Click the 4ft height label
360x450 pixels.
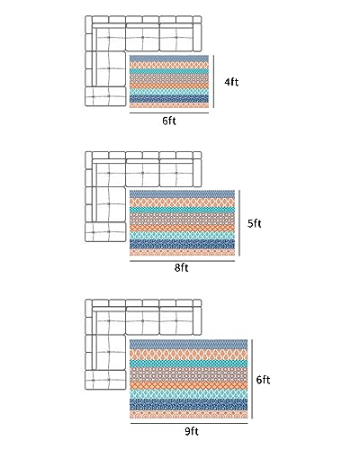(231, 82)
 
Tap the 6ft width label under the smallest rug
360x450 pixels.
(169, 121)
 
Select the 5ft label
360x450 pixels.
(255, 223)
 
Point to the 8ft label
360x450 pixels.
(182, 267)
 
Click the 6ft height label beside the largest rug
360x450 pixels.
(263, 380)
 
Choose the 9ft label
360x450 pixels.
(192, 431)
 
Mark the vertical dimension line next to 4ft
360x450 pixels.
(213, 81)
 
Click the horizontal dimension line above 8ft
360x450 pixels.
(182, 261)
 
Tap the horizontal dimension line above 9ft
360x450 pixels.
(189, 423)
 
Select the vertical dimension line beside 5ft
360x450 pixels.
(239, 223)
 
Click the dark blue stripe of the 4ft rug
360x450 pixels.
(169, 98)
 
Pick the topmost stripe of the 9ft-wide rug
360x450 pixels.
(189, 344)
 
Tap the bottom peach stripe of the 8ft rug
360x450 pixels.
(182, 252)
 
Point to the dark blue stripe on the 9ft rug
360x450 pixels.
(189, 404)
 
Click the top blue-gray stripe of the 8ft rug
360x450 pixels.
(182, 193)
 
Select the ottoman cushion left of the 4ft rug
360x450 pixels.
(105, 96)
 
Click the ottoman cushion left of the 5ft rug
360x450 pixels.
(105, 232)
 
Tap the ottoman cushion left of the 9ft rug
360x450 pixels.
(105, 380)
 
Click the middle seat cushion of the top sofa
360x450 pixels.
(142, 38)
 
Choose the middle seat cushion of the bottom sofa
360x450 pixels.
(142, 321)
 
